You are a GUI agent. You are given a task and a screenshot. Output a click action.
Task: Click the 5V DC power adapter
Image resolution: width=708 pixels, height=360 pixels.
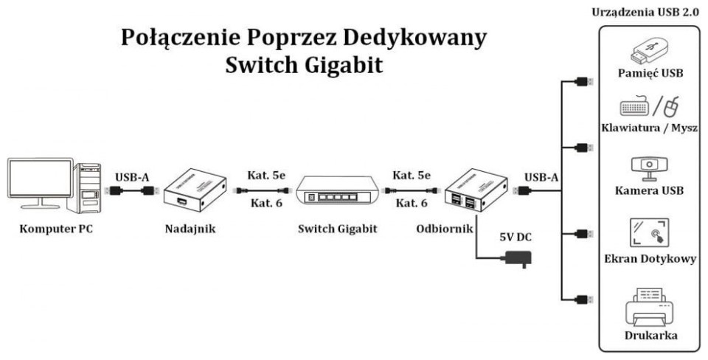[516, 258]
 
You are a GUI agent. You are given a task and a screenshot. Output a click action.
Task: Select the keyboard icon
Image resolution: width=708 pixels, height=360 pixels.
[636, 108]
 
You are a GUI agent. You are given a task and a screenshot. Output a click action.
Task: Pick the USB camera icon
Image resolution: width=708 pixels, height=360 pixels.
[649, 168]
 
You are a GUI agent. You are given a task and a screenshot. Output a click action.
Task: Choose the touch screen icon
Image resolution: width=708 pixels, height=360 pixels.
[649, 232]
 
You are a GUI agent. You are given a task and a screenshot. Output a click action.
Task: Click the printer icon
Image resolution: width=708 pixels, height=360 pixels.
[649, 305]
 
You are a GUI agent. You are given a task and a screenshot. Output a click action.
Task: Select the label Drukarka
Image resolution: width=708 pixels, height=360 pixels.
[649, 336]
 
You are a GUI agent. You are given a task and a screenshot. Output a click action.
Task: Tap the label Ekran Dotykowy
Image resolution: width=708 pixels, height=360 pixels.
[649, 259]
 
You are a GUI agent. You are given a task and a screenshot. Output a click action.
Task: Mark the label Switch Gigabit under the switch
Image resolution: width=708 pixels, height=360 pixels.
[337, 229]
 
